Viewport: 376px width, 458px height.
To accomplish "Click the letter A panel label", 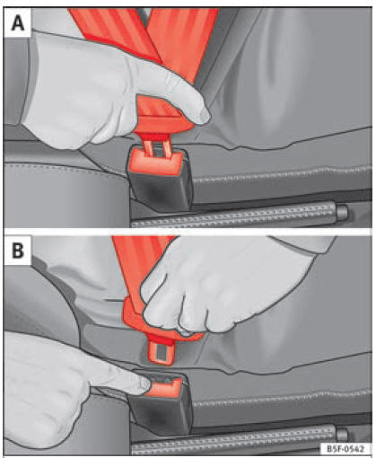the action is (18, 22).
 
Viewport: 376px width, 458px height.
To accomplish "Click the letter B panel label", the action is (18, 251).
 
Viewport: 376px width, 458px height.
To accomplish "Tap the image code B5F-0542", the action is (345, 449).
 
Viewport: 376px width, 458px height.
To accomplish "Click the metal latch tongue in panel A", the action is (157, 147).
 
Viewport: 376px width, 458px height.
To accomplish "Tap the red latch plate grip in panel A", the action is (160, 119).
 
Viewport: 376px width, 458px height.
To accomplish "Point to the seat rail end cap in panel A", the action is (342, 212).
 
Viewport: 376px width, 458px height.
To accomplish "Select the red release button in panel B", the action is (166, 387).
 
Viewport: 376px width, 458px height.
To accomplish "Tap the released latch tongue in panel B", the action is (162, 351).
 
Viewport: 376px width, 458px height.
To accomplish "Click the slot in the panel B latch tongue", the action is (162, 353).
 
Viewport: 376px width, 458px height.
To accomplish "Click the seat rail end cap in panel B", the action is (342, 434).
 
